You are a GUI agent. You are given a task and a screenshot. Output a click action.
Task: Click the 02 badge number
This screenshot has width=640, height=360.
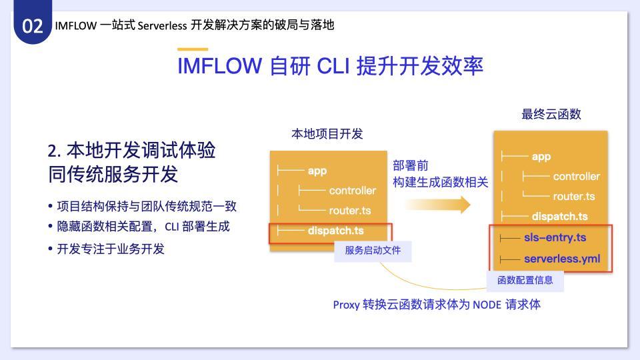tap(32, 26)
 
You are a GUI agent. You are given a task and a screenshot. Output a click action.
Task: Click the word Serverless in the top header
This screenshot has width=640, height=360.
tap(163, 25)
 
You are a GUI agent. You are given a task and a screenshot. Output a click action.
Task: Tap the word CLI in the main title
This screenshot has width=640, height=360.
tap(333, 66)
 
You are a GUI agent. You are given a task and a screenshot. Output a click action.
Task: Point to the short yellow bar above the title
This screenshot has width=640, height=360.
tap(193, 49)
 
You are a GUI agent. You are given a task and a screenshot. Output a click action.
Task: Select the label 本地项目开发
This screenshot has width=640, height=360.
tap(327, 133)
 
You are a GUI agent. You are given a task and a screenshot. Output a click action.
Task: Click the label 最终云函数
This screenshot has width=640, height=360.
tap(551, 114)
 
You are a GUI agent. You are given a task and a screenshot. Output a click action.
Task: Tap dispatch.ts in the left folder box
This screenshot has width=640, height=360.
tap(335, 231)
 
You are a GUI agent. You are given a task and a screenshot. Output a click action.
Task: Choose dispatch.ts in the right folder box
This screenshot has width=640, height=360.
tap(559, 216)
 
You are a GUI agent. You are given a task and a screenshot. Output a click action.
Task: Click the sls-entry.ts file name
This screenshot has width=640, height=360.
tap(555, 237)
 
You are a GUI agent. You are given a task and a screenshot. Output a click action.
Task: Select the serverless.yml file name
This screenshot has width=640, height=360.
tap(562, 259)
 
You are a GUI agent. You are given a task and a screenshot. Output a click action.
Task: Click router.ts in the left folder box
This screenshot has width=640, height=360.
tap(350, 211)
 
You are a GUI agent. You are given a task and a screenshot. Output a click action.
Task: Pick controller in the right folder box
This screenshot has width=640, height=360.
tap(576, 176)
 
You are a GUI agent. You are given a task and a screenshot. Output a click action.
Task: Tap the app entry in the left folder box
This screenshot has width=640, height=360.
tap(317, 171)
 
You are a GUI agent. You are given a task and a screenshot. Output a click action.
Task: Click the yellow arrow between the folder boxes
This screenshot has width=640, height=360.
tap(437, 205)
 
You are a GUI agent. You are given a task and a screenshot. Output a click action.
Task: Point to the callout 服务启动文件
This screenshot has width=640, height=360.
tap(373, 250)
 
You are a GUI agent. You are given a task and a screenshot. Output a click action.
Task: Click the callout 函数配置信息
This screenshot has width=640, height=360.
tap(525, 280)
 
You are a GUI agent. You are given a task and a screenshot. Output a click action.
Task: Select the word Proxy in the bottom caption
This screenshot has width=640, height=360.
tap(346, 305)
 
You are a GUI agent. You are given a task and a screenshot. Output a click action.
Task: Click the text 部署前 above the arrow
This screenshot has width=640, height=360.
tap(411, 165)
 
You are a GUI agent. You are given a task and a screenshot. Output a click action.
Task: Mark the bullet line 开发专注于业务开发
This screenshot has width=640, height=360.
tap(106, 249)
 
